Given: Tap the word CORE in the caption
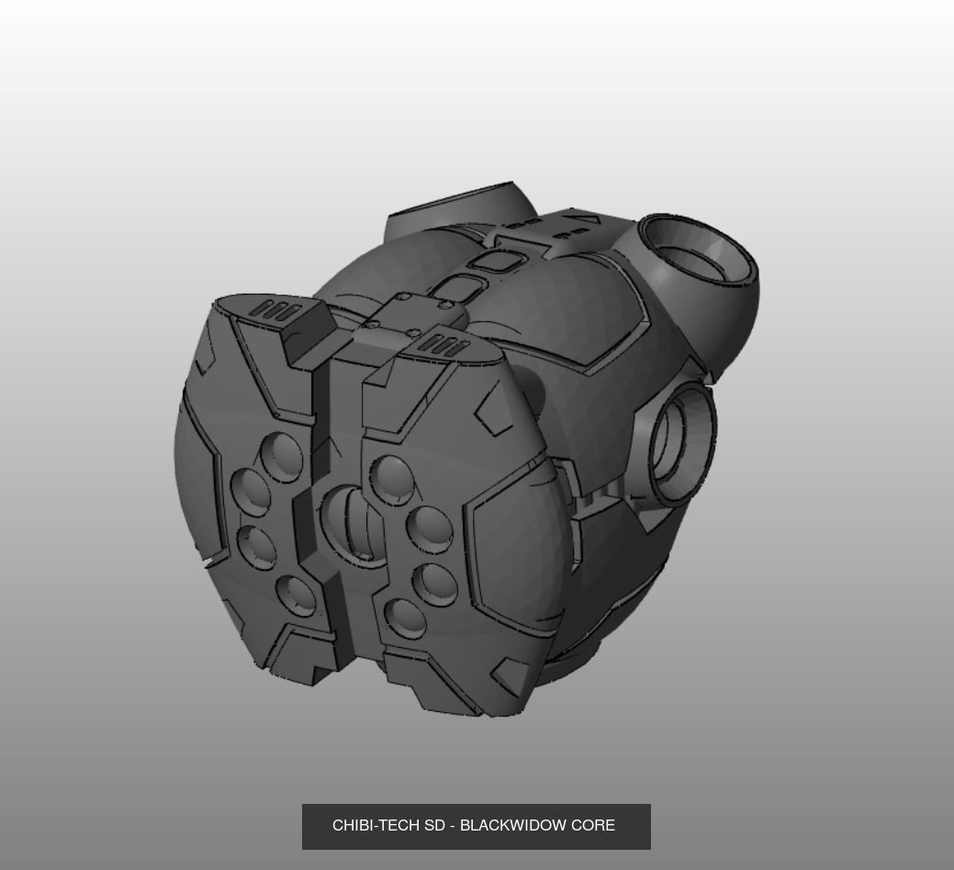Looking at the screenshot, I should click(594, 826).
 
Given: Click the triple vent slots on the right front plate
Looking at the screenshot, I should click(444, 347).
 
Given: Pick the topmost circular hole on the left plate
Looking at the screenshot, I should click(282, 457).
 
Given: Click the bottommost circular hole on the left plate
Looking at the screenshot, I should click(296, 596).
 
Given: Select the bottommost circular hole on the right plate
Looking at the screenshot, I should click(405, 619).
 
